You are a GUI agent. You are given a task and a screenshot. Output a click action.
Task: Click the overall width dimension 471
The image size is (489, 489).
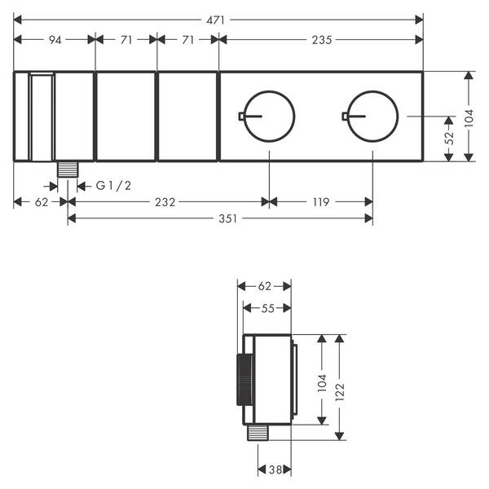pyautogui.click(x=215, y=20)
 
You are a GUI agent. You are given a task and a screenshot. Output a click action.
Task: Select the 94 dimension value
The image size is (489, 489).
pyautogui.click(x=55, y=40)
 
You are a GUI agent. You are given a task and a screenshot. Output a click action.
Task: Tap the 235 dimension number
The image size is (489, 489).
pyautogui.click(x=322, y=40)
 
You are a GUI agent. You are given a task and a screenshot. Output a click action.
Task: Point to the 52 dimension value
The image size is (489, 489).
pyautogui.click(x=450, y=138)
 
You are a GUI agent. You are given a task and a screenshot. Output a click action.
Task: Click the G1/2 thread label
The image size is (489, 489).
pyautogui.click(x=113, y=186)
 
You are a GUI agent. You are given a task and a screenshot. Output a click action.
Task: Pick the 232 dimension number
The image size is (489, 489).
pyautogui.click(x=165, y=202)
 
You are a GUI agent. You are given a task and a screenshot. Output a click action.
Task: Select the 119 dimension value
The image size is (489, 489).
pyautogui.click(x=321, y=202)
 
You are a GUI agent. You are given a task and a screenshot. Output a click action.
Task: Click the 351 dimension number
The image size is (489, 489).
pyautogui.click(x=228, y=219)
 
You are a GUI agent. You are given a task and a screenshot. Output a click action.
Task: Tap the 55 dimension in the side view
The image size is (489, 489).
pyautogui.click(x=268, y=309)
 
